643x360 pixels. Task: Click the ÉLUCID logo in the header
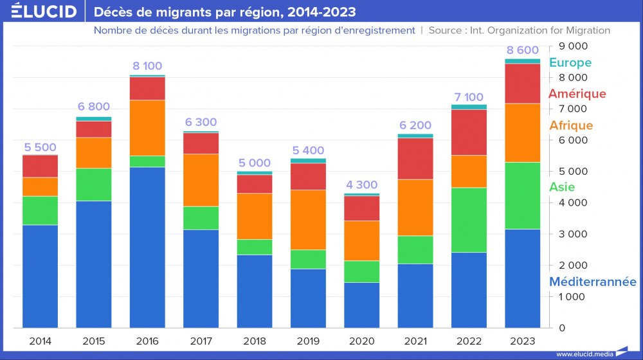(x=39, y=12)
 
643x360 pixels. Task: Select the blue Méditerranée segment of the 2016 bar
(x=147, y=248)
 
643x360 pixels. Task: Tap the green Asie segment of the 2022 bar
(x=469, y=220)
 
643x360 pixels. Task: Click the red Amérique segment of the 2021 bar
(x=415, y=159)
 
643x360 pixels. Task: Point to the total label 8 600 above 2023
(x=523, y=50)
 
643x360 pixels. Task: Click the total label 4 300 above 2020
(x=362, y=184)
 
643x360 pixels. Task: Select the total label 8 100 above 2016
(x=147, y=66)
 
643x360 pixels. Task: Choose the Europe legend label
(x=570, y=63)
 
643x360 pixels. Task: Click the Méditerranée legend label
(x=592, y=282)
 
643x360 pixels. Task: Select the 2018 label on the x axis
(x=254, y=340)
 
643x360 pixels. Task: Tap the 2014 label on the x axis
(x=40, y=340)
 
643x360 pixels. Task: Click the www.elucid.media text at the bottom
(x=584, y=354)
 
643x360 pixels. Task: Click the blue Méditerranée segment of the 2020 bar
(x=362, y=305)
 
